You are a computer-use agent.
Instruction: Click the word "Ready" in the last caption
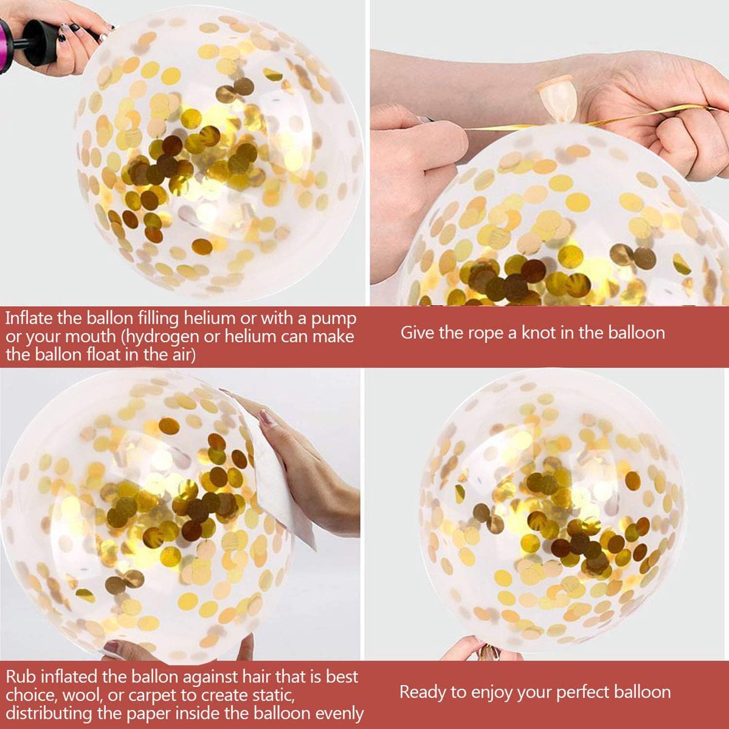(x=420, y=693)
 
